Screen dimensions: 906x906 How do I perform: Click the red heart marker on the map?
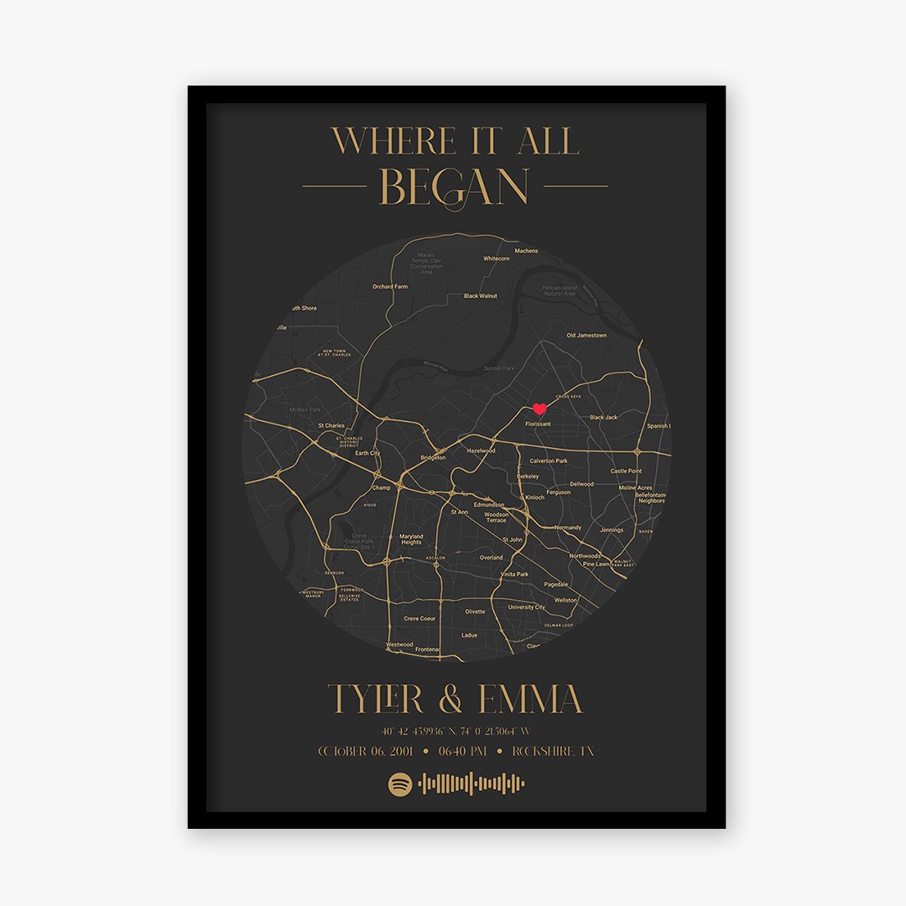[x=539, y=409]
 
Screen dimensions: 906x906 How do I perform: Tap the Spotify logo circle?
[x=399, y=784]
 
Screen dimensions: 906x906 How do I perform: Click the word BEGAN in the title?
[x=454, y=187]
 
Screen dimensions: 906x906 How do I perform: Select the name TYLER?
[x=377, y=700]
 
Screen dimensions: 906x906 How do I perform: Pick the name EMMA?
[x=530, y=700]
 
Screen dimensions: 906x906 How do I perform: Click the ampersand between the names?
[x=450, y=700]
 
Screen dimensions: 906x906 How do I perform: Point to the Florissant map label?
[x=538, y=424]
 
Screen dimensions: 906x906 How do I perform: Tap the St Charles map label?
[x=331, y=426]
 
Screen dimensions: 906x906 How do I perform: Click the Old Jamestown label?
[x=586, y=336]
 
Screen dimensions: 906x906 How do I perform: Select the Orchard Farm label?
[x=390, y=287]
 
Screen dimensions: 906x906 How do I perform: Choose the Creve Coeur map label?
[x=420, y=618]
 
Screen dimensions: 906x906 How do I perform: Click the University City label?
[x=527, y=607]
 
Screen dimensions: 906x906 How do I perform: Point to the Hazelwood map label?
[x=481, y=450]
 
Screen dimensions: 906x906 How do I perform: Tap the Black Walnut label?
[x=481, y=296]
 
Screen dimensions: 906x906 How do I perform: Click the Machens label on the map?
[x=526, y=251]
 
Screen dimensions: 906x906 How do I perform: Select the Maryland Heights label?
[x=411, y=539]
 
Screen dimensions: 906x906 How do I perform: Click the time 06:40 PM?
[x=456, y=752]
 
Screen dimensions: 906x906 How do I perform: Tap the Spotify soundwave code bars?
[x=471, y=784]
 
